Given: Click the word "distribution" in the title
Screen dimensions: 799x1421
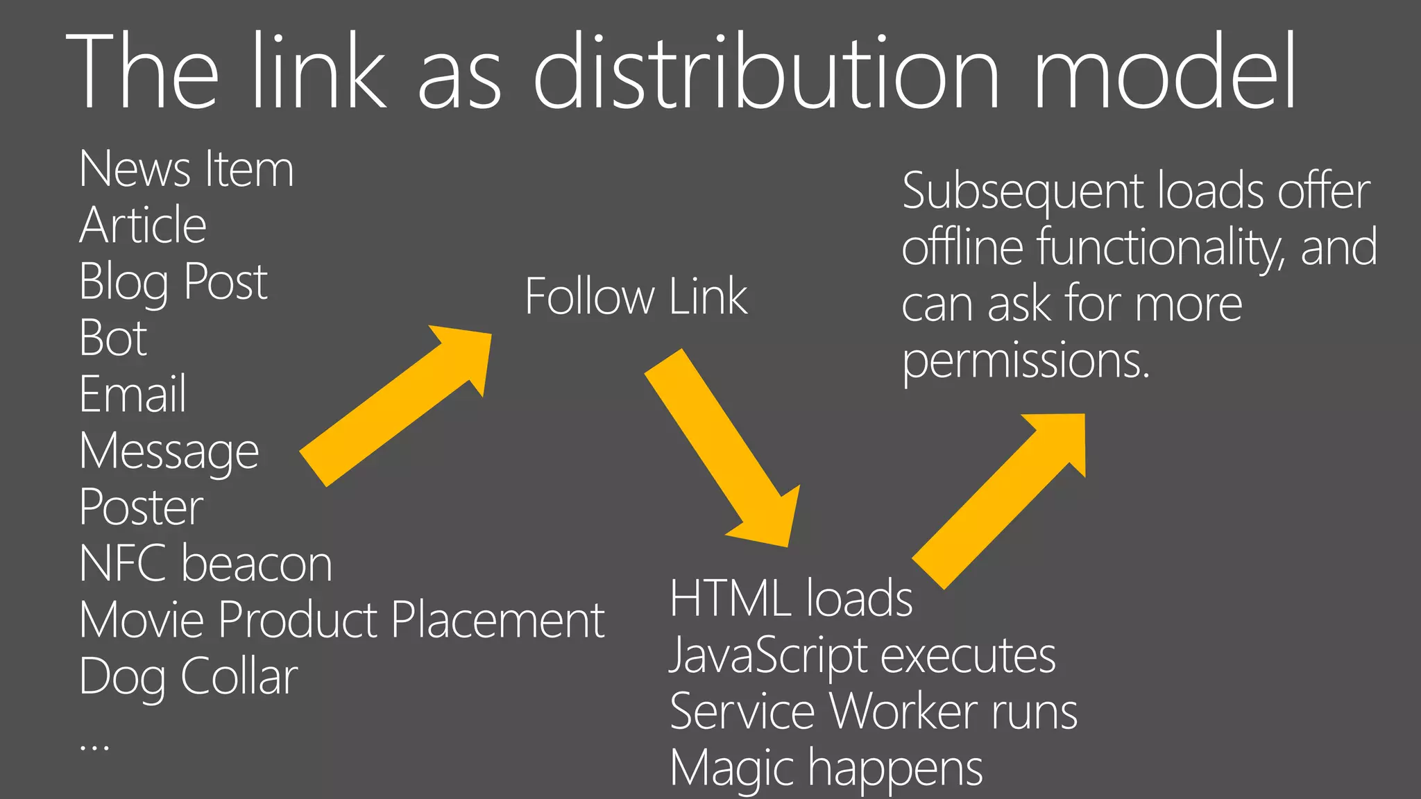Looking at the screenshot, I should click(767, 72).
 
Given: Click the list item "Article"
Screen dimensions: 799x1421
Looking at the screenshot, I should click(143, 225).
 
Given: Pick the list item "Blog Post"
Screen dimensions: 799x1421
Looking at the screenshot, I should click(173, 282).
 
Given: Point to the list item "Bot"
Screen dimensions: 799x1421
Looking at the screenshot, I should click(113, 338).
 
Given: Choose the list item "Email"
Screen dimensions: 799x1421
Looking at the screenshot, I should click(133, 394).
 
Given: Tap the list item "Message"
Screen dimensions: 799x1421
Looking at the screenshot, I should click(169, 452).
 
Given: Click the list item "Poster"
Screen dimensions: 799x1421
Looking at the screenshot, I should click(142, 507).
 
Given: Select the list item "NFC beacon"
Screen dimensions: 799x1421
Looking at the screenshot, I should click(206, 563).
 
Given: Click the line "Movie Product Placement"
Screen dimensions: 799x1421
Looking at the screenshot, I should click(342, 619).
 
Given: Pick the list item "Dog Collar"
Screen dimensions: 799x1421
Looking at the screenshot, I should click(189, 676).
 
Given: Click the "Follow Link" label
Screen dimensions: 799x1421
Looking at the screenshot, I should click(636, 297).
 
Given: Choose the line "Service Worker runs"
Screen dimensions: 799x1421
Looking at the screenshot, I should click(874, 712).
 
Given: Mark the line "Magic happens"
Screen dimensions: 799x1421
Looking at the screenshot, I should click(826, 768).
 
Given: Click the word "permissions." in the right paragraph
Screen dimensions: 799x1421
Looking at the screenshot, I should click(1026, 361).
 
